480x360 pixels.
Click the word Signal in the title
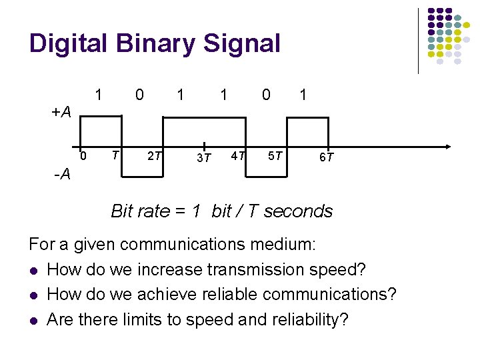pyautogui.click(x=243, y=44)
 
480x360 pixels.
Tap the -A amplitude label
pyautogui.click(x=63, y=175)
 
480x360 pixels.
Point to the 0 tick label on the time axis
pyautogui.click(x=83, y=157)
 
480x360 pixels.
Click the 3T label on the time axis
pyautogui.click(x=203, y=158)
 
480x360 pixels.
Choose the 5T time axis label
pyautogui.click(x=275, y=157)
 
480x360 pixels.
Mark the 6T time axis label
pyautogui.click(x=326, y=158)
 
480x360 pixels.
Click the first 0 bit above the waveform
pyautogui.click(x=139, y=95)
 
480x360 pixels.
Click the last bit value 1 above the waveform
pyautogui.click(x=303, y=95)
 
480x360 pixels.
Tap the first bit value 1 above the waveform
pyautogui.click(x=99, y=95)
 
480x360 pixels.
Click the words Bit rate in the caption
pyautogui.click(x=141, y=211)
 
